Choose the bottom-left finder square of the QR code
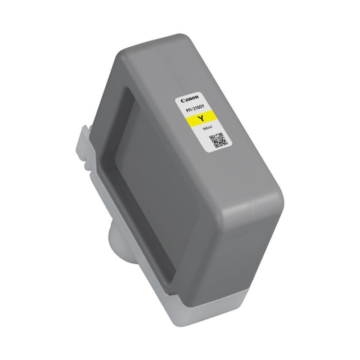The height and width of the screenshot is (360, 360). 216,145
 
